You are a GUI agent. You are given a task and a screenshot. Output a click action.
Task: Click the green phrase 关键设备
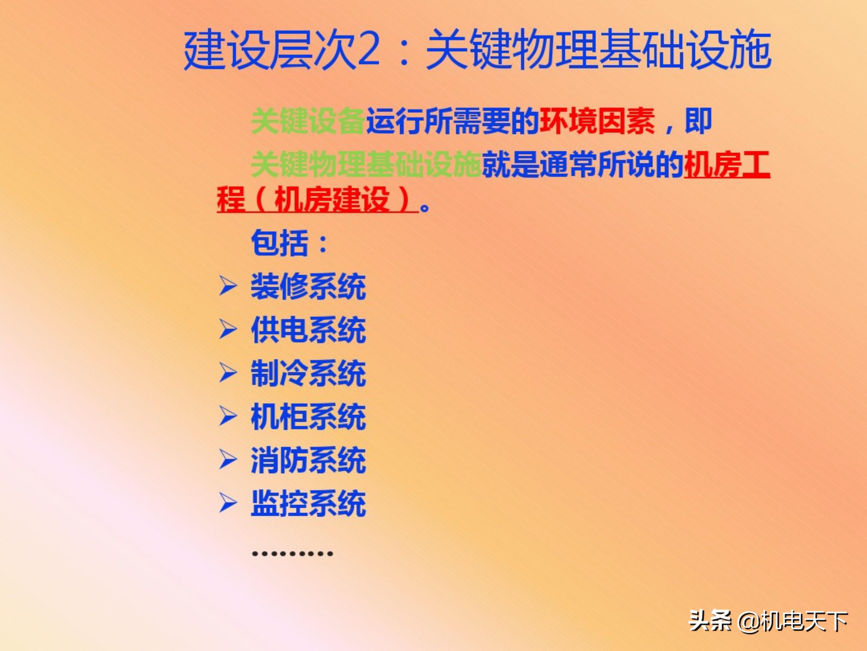308,121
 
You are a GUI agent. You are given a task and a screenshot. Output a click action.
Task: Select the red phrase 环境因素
597,121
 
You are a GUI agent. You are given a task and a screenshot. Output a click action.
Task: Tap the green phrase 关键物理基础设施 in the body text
366,165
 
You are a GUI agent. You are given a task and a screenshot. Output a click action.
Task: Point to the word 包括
279,243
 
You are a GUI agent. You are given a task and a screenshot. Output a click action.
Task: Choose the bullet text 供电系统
308,330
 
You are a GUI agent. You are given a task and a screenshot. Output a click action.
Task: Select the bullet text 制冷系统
308,373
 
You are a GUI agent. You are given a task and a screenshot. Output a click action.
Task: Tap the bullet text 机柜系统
308,417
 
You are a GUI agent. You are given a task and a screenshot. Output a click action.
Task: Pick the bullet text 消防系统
308,460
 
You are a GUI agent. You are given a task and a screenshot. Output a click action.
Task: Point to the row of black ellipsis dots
292,554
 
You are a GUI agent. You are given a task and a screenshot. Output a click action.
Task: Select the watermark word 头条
710,621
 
